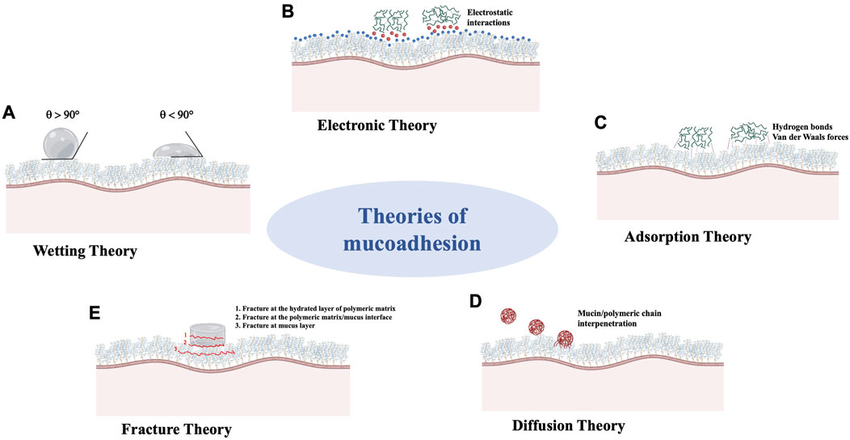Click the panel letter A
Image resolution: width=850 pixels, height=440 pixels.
(x=10, y=112)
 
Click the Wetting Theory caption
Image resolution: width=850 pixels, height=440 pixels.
(x=86, y=251)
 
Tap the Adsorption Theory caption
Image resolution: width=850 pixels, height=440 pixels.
(x=688, y=238)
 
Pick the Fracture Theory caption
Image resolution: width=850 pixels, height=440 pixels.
(x=183, y=428)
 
